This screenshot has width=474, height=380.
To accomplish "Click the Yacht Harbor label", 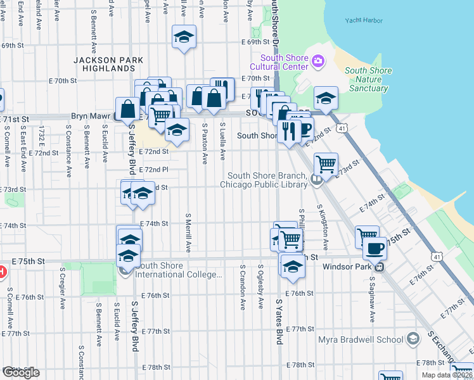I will pos(364,20).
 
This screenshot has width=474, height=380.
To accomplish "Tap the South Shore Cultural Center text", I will pos(278,62).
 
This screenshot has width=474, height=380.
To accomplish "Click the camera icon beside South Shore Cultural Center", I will pos(317,61).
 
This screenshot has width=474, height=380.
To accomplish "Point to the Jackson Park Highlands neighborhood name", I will pos(108,64).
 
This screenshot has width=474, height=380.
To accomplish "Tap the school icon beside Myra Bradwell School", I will pos(413,339).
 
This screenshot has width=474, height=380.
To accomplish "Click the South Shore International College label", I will pos(179,270).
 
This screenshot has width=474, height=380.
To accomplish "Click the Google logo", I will pos(21,372).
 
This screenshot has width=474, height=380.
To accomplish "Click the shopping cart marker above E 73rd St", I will pos(326,163).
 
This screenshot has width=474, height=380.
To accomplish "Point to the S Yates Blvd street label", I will pos(279,322).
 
